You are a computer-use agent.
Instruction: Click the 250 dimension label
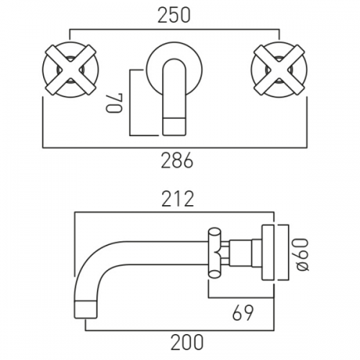point(174,16)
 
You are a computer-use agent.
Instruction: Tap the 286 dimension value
point(177,160)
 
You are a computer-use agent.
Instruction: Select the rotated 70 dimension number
point(114,103)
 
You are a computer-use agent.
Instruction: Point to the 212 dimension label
point(178,199)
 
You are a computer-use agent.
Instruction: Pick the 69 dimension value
point(243,312)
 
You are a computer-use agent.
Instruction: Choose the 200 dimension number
point(187,342)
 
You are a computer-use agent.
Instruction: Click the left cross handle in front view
point(71,70)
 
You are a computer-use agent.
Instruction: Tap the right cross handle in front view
point(279,70)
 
